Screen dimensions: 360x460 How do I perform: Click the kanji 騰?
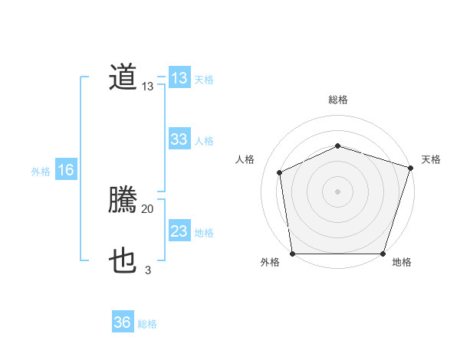123,201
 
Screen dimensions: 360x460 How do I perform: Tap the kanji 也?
123,262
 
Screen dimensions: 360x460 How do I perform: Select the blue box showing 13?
179,78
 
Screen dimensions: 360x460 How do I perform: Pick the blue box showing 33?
179,139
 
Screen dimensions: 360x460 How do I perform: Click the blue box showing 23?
179,231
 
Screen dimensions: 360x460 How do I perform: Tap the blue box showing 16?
65,170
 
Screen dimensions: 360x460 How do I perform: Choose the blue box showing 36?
123,322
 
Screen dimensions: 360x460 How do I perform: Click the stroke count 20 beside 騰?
147,208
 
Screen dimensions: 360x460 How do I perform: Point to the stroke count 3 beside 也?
147,270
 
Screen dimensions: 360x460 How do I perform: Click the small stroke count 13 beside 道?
147,87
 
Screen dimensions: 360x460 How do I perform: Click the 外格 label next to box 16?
41,172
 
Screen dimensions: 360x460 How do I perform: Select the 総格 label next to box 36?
147,324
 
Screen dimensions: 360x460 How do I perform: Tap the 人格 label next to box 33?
204,141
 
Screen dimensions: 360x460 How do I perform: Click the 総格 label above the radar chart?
337,100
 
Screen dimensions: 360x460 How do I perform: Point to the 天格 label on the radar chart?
431,159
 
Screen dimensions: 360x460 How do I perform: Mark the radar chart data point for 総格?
337,146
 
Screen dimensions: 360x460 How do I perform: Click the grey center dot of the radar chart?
337,191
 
